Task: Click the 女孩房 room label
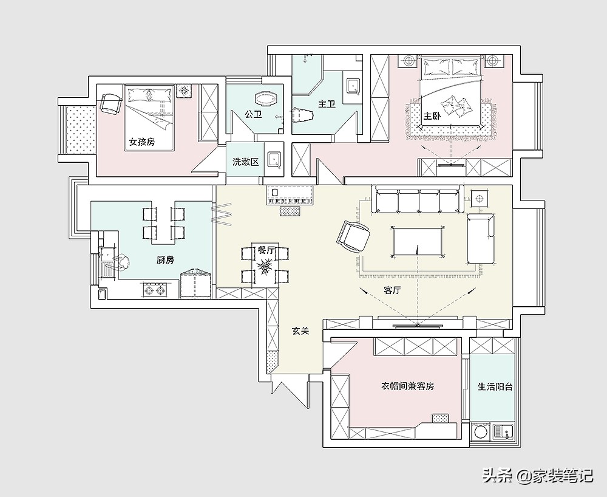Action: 141,142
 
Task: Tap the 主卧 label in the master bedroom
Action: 432,116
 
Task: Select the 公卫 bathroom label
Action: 254,114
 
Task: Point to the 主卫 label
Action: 327,104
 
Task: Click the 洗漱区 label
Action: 245,162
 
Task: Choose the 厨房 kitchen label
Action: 165,260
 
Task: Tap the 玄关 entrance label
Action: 300,331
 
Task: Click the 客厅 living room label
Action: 392,290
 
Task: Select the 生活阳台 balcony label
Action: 495,386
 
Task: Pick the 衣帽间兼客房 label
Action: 408,386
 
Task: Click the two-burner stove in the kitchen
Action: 155,289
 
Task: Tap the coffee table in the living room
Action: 418,242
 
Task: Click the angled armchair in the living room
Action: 353,236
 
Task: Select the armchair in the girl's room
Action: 110,103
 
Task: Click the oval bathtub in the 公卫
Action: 266,99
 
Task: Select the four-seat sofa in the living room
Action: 418,199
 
